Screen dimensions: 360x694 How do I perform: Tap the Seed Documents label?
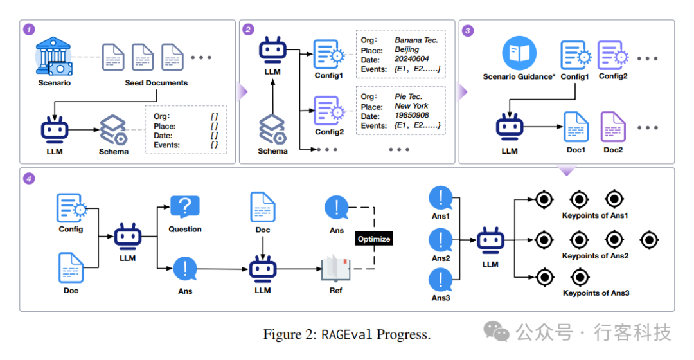click(x=156, y=83)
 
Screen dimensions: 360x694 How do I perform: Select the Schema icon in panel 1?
click(x=113, y=130)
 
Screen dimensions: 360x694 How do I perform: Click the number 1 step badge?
click(x=29, y=30)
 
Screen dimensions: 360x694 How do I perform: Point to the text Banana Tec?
click(x=416, y=40)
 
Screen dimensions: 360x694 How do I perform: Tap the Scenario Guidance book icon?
click(x=519, y=54)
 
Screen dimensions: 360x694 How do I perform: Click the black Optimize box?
click(x=373, y=239)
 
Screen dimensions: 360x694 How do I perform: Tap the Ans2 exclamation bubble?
click(x=441, y=240)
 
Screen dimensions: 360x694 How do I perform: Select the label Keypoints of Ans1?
click(x=595, y=215)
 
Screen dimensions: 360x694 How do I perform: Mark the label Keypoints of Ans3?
click(x=596, y=293)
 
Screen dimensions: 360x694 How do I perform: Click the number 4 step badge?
click(x=29, y=178)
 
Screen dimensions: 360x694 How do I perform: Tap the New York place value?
click(x=411, y=106)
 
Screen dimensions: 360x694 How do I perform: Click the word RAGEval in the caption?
click(x=348, y=334)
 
